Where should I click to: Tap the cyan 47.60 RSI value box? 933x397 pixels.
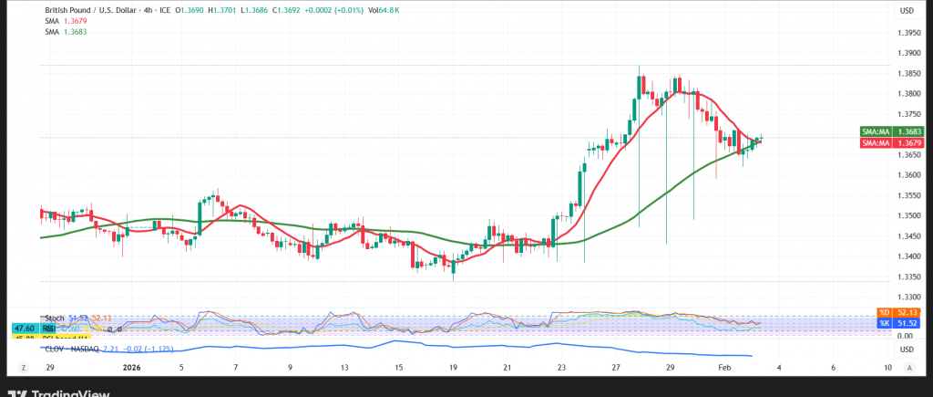23,328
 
